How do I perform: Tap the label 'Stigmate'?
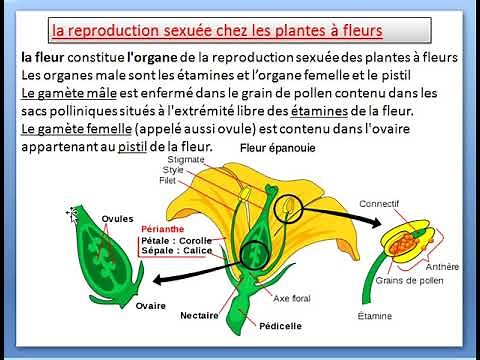[x=187, y=158]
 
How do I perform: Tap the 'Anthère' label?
[x=443, y=267]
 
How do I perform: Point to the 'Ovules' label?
[x=118, y=219]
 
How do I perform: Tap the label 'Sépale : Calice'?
[x=176, y=253]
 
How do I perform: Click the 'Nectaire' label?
[x=199, y=315]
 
